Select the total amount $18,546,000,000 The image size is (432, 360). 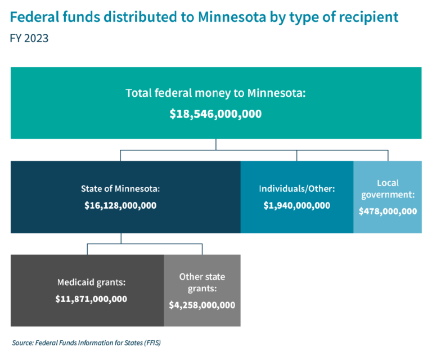pos(215,114)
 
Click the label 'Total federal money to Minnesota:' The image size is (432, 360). pos(215,93)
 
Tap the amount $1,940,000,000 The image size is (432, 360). pos(296,206)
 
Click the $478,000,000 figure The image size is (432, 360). pos(388,211)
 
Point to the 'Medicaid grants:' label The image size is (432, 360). pos(91,282)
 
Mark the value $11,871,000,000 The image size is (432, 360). pos(91,299)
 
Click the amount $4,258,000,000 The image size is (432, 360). pos(202,305)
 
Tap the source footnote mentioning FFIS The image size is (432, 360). pos(90,342)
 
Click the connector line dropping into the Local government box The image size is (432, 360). pos(387,155)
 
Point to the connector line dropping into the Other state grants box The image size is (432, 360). pos(202,249)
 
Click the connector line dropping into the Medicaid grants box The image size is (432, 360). pos(87,249)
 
